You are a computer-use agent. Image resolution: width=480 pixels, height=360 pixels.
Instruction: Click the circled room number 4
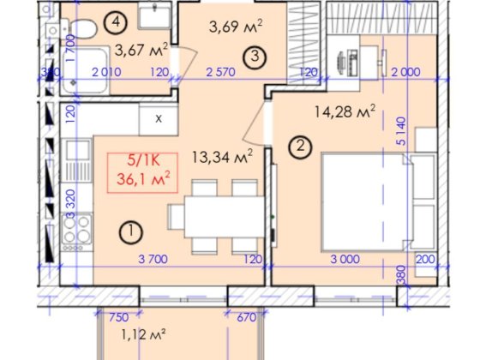[116, 21]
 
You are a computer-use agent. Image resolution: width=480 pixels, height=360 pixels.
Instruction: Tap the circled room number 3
[255, 57]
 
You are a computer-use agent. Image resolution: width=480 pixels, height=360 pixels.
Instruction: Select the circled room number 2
[300, 147]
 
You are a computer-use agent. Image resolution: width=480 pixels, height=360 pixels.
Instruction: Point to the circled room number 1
[130, 231]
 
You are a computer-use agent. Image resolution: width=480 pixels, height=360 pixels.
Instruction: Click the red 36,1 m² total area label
[143, 179]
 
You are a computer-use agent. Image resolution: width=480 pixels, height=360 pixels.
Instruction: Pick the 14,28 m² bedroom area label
[345, 111]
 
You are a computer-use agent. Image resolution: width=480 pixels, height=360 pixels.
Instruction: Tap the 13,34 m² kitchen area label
[223, 157]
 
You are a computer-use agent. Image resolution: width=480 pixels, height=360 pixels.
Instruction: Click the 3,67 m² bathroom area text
[141, 50]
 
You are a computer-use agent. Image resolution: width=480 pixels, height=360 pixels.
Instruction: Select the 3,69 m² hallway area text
[236, 26]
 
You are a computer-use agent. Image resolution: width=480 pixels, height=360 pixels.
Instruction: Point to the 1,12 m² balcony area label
[144, 334]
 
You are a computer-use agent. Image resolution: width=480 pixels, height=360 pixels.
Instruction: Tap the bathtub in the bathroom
[86, 70]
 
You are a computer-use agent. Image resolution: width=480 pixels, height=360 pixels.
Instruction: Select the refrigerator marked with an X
[159, 119]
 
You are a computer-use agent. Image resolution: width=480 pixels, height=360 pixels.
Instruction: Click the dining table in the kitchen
[225, 217]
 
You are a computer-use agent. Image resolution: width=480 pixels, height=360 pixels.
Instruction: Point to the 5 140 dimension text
[401, 130]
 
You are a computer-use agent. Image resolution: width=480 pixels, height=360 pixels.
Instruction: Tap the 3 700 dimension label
[153, 259]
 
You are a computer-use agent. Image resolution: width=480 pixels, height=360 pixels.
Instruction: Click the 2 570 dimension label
[221, 72]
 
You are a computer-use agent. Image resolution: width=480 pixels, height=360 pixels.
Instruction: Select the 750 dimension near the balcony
[119, 317]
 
